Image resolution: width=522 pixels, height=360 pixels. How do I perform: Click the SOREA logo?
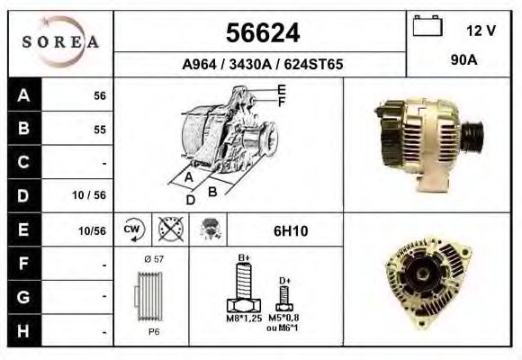(59, 43)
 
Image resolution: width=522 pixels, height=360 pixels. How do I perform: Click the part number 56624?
(261, 33)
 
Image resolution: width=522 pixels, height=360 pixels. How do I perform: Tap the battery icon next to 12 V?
(425, 28)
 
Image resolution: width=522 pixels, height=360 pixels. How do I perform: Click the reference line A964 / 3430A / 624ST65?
(261, 65)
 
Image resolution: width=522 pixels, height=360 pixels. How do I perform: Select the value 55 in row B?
(99, 129)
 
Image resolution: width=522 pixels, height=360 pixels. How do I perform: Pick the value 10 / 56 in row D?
(93, 195)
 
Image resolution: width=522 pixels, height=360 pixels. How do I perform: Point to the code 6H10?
(290, 230)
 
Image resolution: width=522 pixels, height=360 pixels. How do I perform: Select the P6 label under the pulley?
(153, 331)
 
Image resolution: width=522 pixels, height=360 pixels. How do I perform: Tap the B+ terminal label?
(242, 258)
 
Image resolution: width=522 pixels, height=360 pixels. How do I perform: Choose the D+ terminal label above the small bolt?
(284, 280)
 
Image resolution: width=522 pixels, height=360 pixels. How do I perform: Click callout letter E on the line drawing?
(282, 89)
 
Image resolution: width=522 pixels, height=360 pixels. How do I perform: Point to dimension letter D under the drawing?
(190, 199)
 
